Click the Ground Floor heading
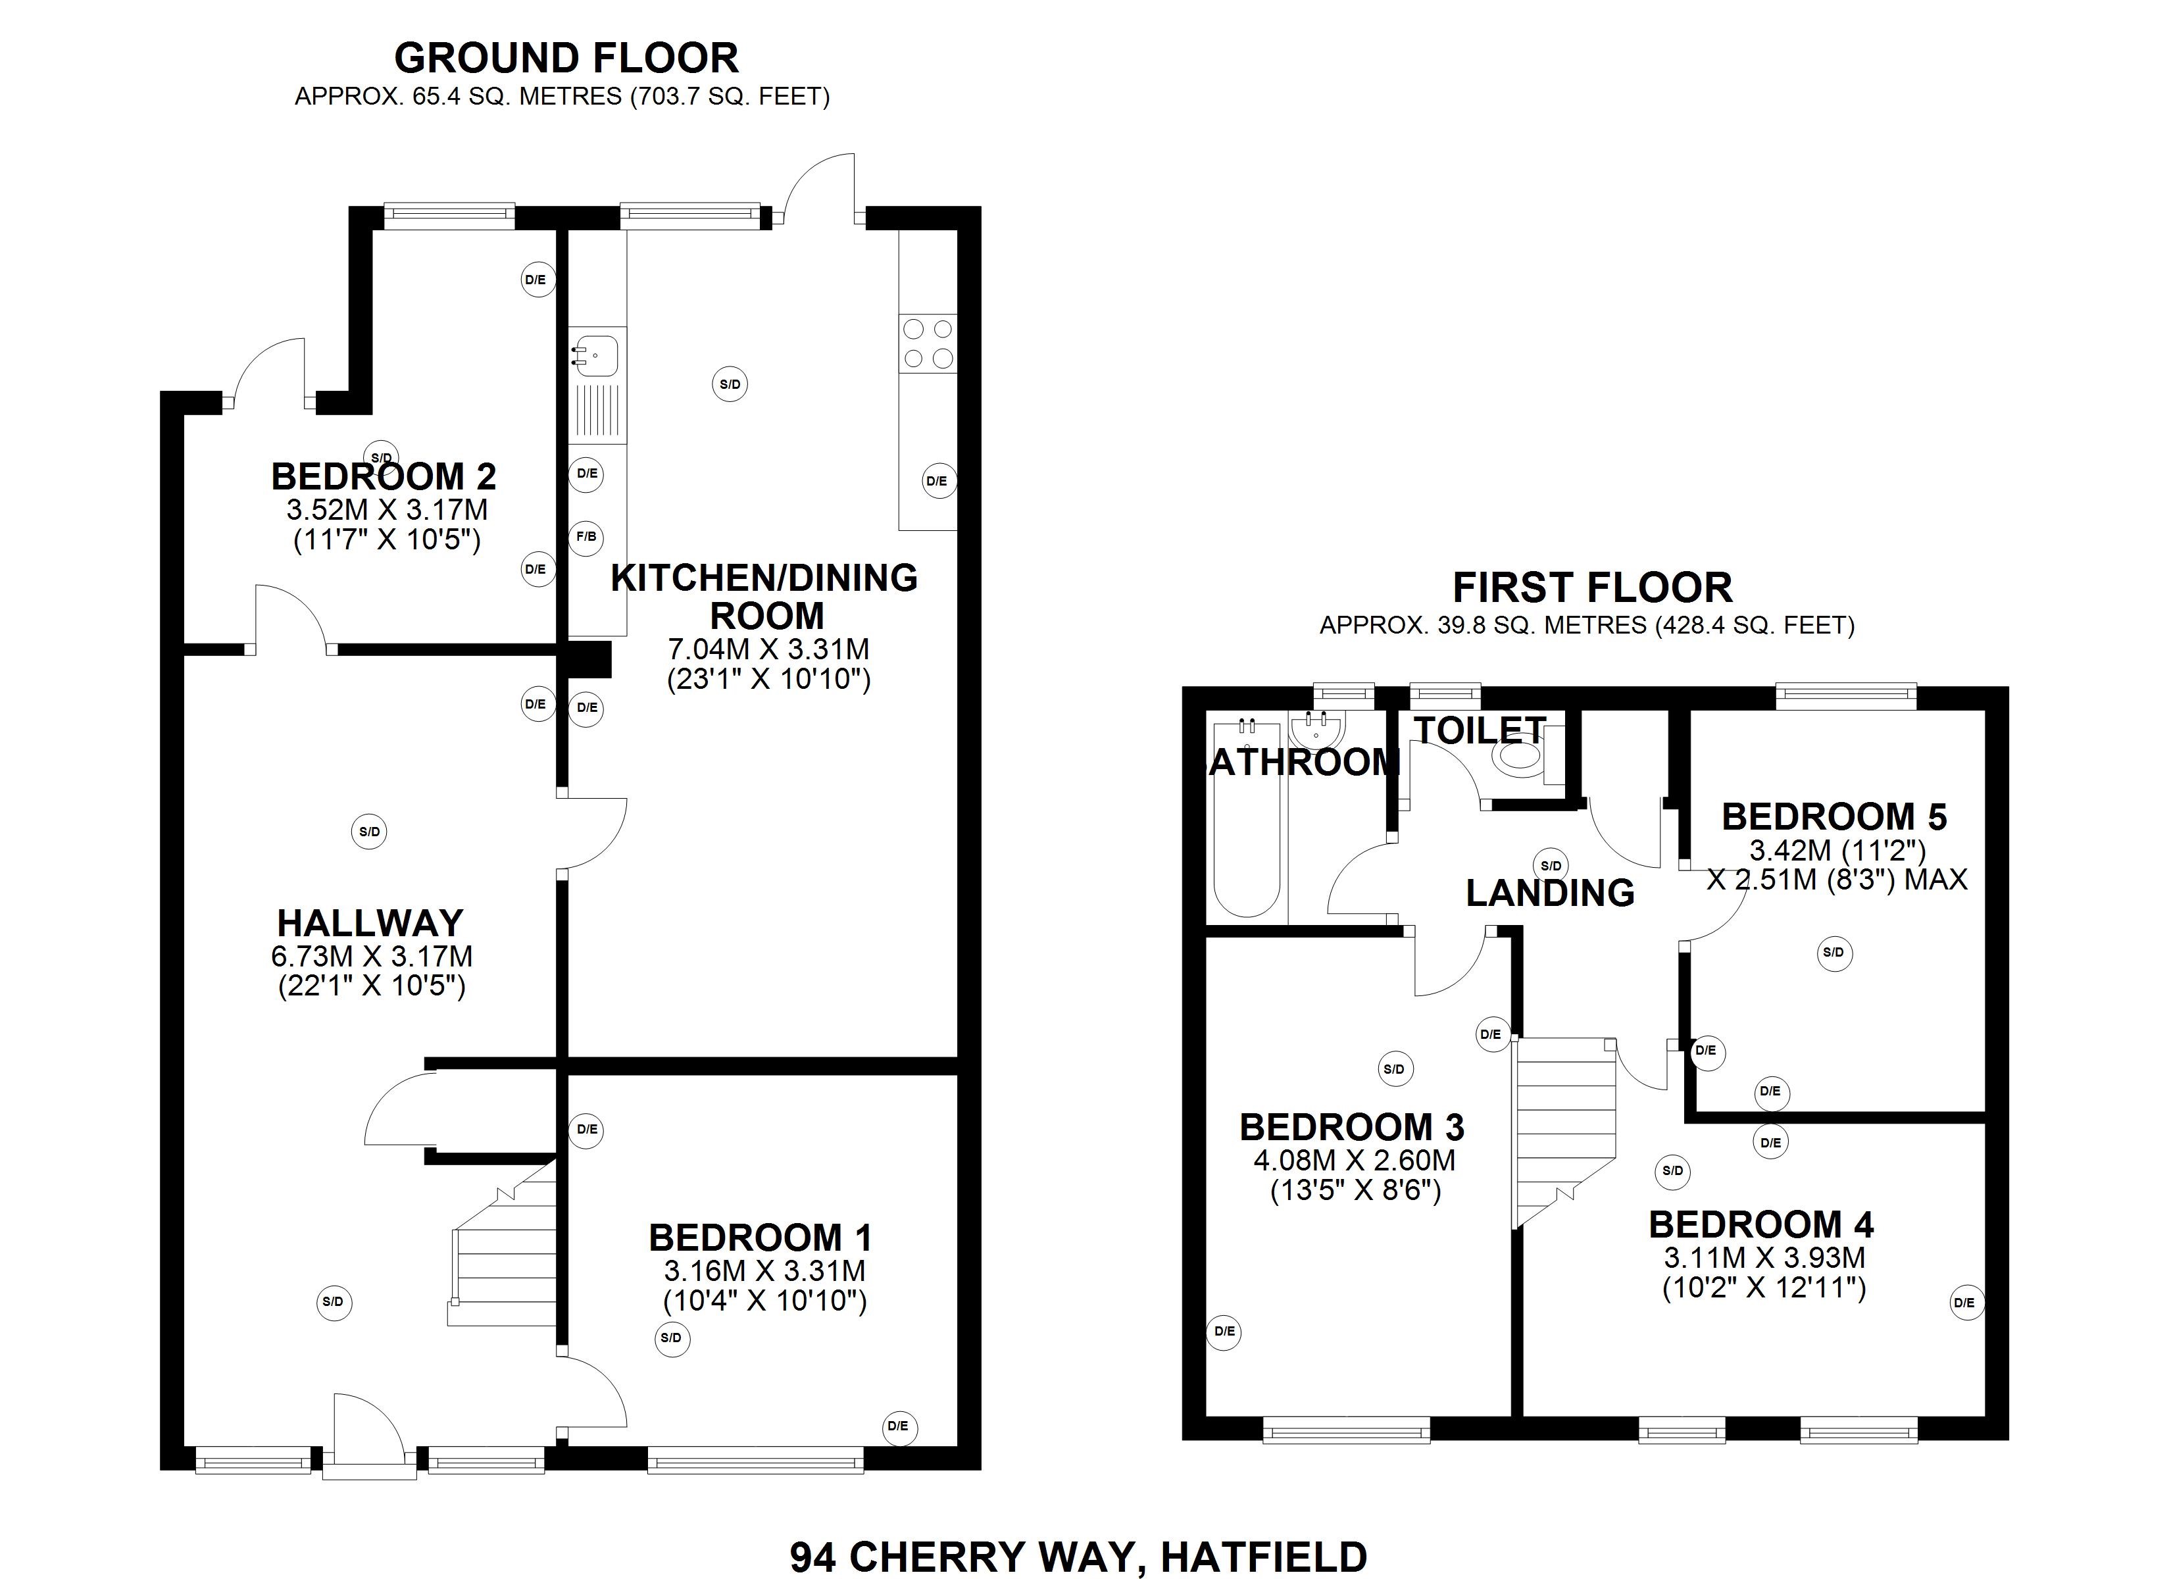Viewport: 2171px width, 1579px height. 566,59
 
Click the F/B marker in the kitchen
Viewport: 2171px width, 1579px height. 586,537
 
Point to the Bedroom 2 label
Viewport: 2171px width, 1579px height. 384,476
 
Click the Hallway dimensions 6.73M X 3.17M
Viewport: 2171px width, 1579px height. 372,956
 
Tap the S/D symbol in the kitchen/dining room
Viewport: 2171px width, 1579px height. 730,385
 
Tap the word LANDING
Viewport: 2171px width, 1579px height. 1550,892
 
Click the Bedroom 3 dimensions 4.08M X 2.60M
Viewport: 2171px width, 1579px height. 1353,1160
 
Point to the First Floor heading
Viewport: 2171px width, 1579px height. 1592,587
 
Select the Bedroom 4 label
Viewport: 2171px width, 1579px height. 1760,1224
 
